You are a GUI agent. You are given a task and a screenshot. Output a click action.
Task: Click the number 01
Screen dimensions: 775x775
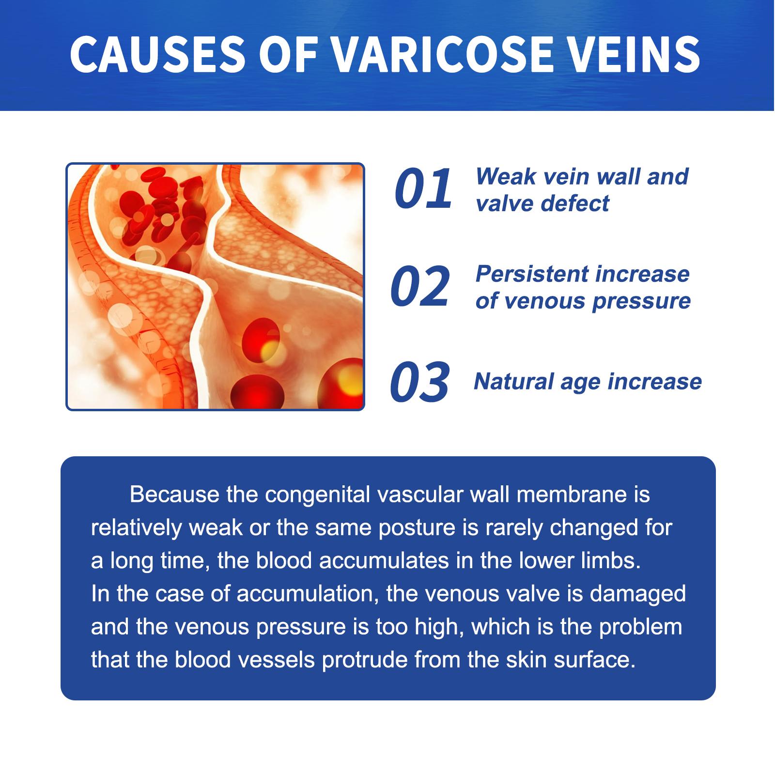click(x=423, y=189)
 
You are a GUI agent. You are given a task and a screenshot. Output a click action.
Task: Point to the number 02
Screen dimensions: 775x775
click(x=420, y=287)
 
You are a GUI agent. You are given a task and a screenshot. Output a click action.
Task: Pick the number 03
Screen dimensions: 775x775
click(x=420, y=382)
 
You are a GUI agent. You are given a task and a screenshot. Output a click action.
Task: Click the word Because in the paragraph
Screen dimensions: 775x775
click(x=174, y=495)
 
